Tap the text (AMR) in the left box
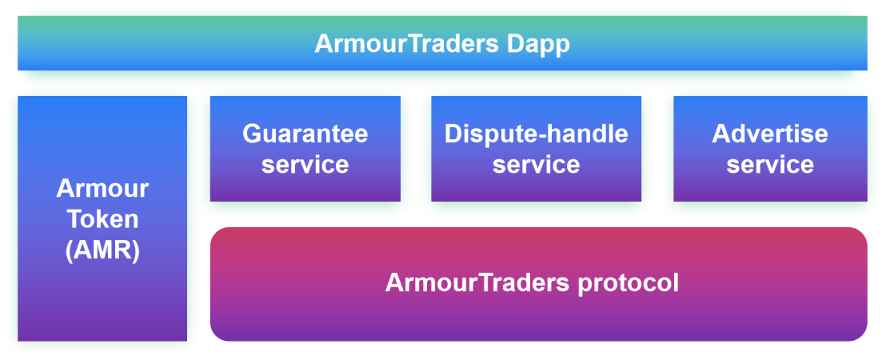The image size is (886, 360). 102,250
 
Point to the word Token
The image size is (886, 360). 103,219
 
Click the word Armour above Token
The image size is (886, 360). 102,188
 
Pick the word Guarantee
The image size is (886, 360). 305,134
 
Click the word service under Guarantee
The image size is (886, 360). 305,165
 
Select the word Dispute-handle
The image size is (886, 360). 537,134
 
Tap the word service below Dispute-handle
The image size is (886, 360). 537,165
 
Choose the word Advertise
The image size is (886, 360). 770,134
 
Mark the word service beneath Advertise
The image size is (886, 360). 770,165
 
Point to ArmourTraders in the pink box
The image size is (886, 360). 477,282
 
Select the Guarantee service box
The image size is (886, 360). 305,149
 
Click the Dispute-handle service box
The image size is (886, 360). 537,149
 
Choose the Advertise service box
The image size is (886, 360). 770,149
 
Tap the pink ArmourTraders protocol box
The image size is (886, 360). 538,284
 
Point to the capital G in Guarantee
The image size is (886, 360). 252,134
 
